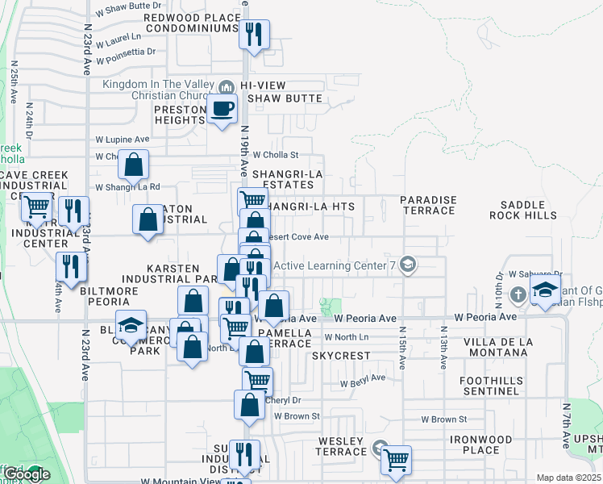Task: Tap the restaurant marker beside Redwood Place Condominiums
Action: pyautogui.click(x=254, y=35)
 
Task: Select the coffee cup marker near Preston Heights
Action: pyautogui.click(x=222, y=109)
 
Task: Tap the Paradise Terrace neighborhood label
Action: pyautogui.click(x=428, y=205)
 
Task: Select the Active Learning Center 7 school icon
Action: pyautogui.click(x=409, y=265)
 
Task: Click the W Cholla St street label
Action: pyautogui.click(x=276, y=154)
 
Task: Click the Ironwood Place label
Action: pyautogui.click(x=482, y=444)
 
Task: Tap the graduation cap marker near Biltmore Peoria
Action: pyautogui.click(x=131, y=326)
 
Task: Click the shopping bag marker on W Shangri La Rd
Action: pyautogui.click(x=134, y=165)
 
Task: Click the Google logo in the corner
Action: pyautogui.click(x=26, y=474)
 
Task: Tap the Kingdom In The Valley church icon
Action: pyautogui.click(x=227, y=85)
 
